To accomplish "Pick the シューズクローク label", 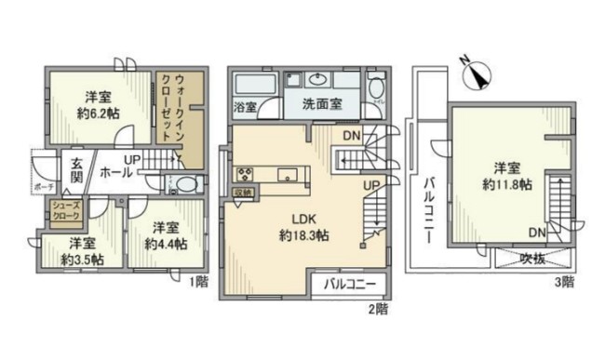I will (x=66, y=210).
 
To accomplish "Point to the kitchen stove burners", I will (x=247, y=174).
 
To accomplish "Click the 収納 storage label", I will (x=244, y=193).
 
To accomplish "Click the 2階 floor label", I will (x=374, y=306).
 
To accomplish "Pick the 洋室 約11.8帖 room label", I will (x=506, y=177).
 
